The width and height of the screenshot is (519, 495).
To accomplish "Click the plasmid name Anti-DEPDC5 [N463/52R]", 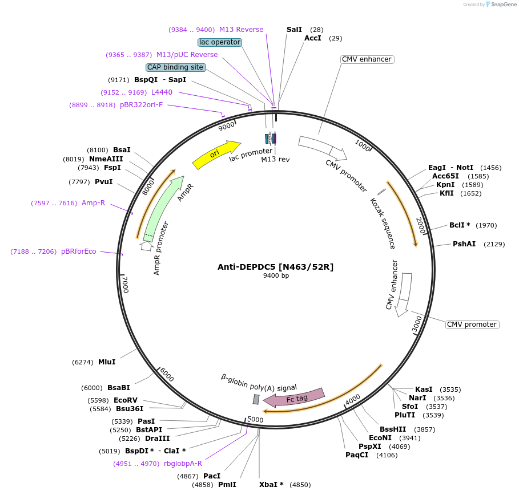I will tap(276, 267).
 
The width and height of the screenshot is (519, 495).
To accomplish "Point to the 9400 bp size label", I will tap(276, 276).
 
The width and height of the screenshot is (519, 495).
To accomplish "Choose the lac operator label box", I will tap(220, 42).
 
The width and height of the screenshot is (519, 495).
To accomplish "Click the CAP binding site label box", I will tap(175, 67).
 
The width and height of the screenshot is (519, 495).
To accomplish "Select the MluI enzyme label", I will tap(107, 362).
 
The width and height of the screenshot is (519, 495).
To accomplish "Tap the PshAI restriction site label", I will tap(464, 244).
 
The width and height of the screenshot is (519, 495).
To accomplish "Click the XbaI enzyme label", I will tap(271, 485).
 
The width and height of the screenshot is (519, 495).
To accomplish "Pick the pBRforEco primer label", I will tap(79, 251).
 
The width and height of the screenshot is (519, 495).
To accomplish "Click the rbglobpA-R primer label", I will tap(175, 464).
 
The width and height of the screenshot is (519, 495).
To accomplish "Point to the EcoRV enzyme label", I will tap(126, 400).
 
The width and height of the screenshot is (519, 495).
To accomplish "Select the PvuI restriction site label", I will tap(103, 182).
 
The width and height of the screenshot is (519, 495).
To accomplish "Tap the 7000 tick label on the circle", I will tap(125, 284).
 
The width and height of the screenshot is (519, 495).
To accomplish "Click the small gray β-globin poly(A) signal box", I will tap(256, 399).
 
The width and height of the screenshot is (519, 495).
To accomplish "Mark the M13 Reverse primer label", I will tap(241, 30).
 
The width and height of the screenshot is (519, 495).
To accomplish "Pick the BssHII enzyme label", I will tap(392, 429).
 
